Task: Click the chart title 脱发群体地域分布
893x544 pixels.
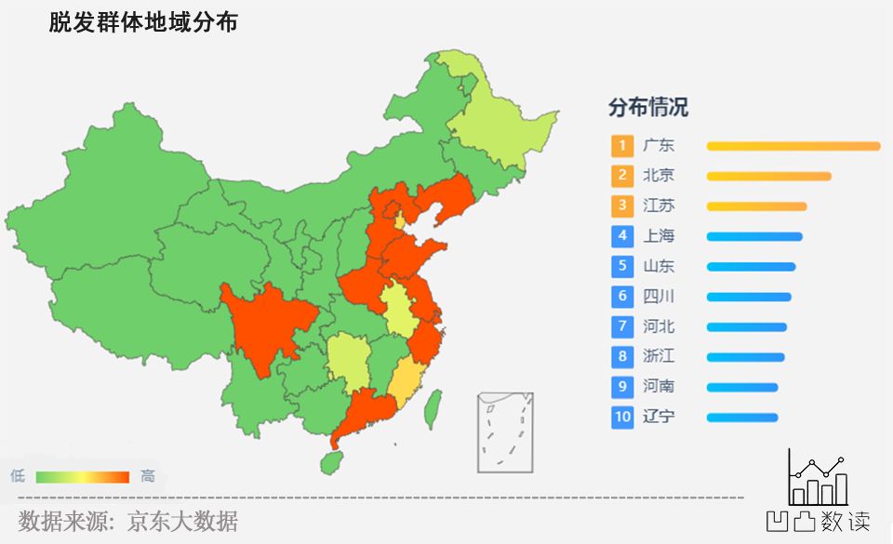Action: point(143,22)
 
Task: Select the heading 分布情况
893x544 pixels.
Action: point(648,107)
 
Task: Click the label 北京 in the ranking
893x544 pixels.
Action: point(659,175)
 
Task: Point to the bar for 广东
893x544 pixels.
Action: point(793,146)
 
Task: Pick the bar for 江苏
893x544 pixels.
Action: point(756,206)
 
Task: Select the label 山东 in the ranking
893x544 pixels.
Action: point(659,266)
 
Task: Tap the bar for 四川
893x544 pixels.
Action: point(749,297)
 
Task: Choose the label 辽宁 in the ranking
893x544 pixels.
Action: point(659,417)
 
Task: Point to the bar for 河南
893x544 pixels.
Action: point(742,387)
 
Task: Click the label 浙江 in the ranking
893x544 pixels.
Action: point(659,356)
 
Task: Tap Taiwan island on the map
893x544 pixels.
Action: point(433,408)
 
